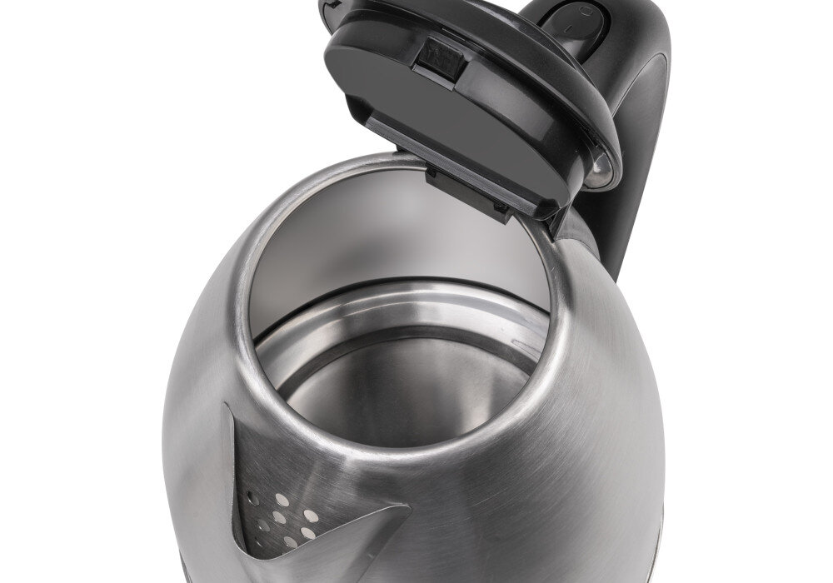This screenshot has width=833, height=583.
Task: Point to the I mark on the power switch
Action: coord(569,28)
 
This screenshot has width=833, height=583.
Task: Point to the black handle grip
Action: coord(641,125)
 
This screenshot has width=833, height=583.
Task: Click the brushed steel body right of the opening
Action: coord(608,400)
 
